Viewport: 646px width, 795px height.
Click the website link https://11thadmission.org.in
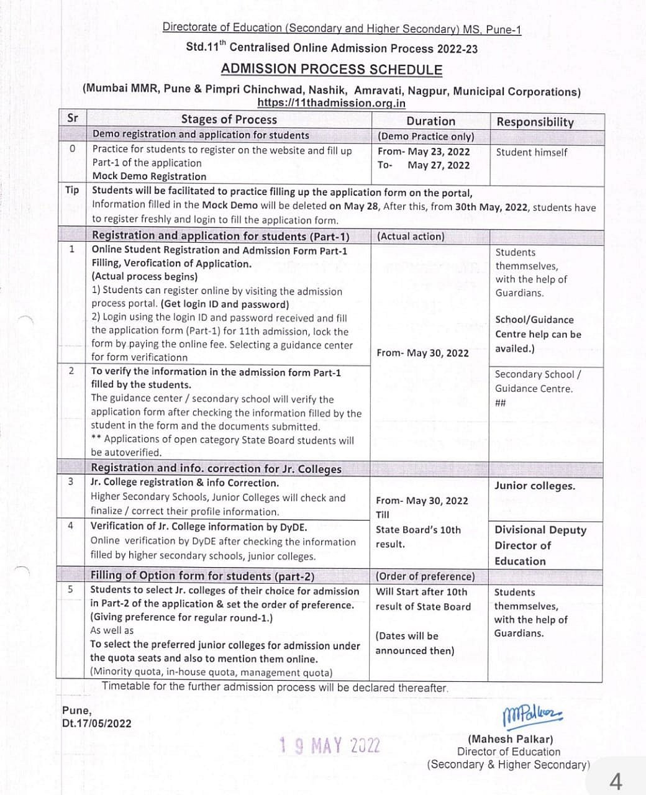pos(332,104)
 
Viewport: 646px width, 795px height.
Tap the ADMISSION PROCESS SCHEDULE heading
pos(332,70)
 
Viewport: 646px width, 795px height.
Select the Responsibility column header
pos(535,122)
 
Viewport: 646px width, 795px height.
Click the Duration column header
pos(430,121)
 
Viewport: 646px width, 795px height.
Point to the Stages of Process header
pos(229,119)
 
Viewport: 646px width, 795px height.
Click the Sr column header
pos(73,117)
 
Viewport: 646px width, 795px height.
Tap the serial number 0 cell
pos(73,148)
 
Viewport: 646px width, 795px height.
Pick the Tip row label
pos(72,190)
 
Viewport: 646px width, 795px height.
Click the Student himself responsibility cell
pos(531,152)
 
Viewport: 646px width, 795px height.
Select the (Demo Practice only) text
pos(425,136)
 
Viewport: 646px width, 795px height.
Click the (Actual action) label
pos(411,236)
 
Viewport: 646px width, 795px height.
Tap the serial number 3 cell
pos(71,481)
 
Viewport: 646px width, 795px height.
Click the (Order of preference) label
pos(425,576)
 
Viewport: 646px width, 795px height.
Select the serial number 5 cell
pos(71,589)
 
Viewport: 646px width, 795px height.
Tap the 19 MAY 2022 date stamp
pos(330,745)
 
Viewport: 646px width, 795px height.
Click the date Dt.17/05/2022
pos(97,723)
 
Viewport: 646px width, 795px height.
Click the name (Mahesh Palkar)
pos(510,739)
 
